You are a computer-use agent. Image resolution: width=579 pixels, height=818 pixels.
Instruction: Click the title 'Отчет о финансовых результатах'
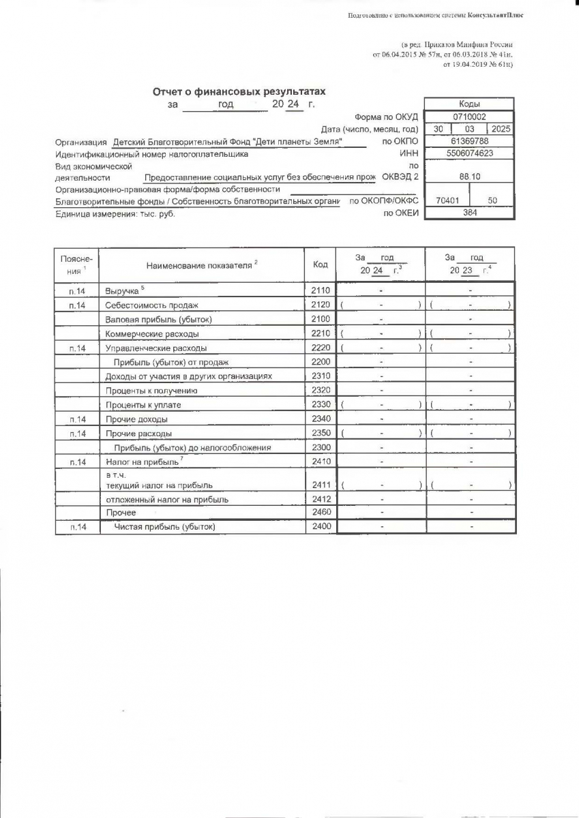pos(239,91)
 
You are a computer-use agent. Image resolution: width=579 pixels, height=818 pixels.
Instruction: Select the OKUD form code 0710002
pos(469,117)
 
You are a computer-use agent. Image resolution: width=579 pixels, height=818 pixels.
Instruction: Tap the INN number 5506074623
pos(469,154)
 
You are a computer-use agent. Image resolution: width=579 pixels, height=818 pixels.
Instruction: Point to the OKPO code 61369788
pos(469,141)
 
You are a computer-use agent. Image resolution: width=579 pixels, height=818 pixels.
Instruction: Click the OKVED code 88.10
pos(469,176)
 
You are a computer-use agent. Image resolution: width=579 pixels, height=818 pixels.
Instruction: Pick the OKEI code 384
pos(469,213)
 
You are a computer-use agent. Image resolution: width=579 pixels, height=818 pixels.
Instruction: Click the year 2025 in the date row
pos(501,129)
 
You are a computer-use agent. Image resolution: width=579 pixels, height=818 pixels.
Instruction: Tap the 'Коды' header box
pos(469,104)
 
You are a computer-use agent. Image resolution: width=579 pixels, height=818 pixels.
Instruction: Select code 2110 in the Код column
pos(321,290)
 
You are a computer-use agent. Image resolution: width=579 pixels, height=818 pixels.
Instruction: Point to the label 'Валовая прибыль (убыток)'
pos(159,319)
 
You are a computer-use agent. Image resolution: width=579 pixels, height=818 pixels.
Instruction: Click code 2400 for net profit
pos(321,527)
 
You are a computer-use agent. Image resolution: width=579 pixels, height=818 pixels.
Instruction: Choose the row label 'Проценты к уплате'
pos(143,405)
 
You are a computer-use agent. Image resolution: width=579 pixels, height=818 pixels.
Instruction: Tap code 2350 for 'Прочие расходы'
pos(321,434)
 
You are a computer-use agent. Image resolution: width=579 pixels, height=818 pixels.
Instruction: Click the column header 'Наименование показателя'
pos(201,264)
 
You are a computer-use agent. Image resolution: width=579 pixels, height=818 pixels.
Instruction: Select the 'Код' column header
pos(321,264)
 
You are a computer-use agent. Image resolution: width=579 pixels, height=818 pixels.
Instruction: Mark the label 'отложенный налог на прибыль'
pos(167,499)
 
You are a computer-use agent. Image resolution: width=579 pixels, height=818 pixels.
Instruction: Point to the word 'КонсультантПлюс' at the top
pos(495,15)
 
